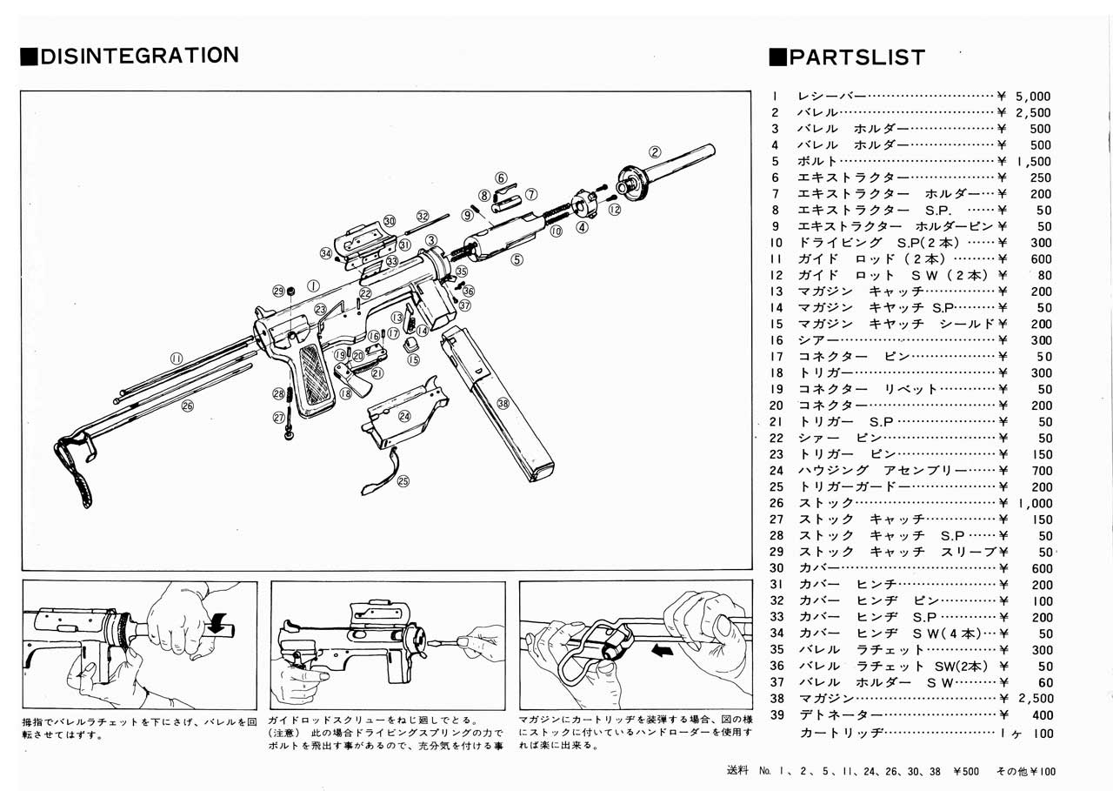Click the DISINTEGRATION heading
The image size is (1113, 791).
tap(130, 56)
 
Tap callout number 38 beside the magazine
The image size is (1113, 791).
tap(503, 403)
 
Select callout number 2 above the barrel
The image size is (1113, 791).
tap(655, 150)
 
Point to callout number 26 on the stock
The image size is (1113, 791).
tap(187, 405)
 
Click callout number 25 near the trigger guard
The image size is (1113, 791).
tap(403, 480)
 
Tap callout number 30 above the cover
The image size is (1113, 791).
tap(389, 221)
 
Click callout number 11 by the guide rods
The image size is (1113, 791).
tap(177, 357)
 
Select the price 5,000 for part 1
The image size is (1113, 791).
tap(1033, 97)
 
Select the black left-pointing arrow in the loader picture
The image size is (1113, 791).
tap(662, 649)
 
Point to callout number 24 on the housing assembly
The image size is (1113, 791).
tap(404, 417)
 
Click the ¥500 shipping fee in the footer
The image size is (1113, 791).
tap(968, 771)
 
